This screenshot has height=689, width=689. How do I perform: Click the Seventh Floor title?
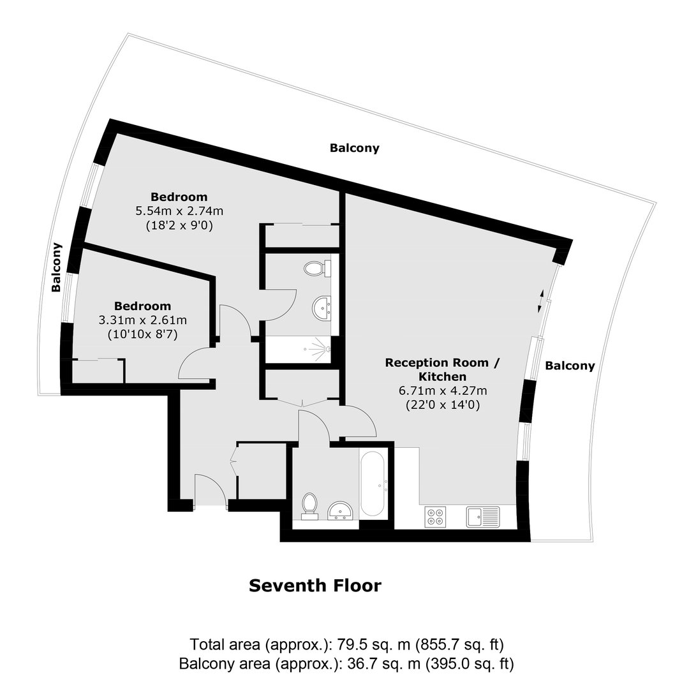315,586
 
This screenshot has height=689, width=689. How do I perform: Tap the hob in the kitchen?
435,517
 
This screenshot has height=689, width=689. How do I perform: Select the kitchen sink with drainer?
483,517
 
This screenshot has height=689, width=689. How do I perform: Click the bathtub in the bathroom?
373,484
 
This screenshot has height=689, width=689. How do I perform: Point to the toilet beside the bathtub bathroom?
310,506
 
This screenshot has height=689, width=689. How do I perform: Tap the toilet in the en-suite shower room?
317,268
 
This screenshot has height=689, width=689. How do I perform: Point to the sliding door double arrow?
541,301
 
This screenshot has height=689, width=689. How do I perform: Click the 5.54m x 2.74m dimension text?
179,211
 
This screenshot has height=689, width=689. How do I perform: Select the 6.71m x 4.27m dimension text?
443,390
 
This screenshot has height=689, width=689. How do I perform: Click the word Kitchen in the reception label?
443,376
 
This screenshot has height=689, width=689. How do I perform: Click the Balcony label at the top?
355,148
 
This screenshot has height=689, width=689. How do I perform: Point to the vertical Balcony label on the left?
56,267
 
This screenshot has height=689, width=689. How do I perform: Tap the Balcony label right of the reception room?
570,366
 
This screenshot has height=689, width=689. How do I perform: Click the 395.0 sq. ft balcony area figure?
470,664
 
